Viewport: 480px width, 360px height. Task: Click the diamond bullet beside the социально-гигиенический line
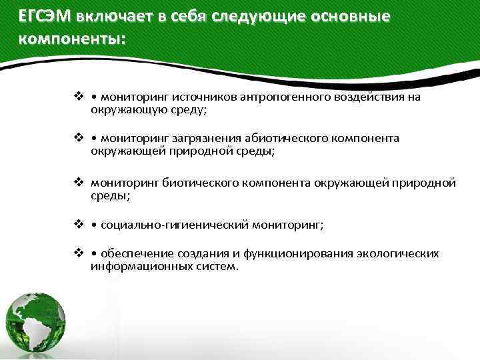(x=79, y=225)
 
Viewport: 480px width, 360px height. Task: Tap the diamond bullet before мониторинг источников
(x=79, y=98)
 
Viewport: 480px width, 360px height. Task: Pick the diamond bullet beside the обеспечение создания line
(x=79, y=254)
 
